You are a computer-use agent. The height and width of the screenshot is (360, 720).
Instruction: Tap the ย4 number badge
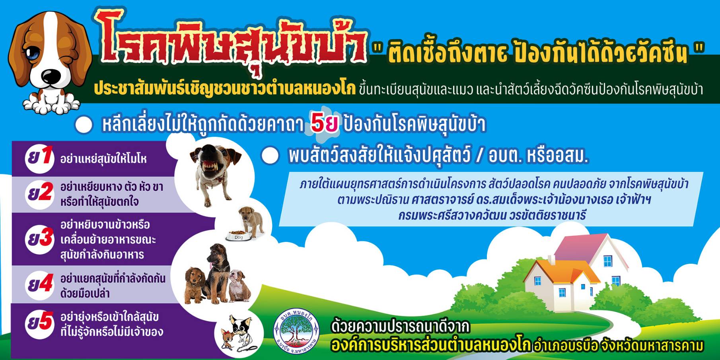point(39,284)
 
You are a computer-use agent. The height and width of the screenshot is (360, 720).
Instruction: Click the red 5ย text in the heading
point(324,124)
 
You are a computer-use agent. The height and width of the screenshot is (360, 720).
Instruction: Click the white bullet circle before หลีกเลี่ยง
point(84,125)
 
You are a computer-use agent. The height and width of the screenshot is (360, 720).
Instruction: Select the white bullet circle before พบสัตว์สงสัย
point(270,156)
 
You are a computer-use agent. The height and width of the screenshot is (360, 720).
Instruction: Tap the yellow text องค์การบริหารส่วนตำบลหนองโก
point(431,345)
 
